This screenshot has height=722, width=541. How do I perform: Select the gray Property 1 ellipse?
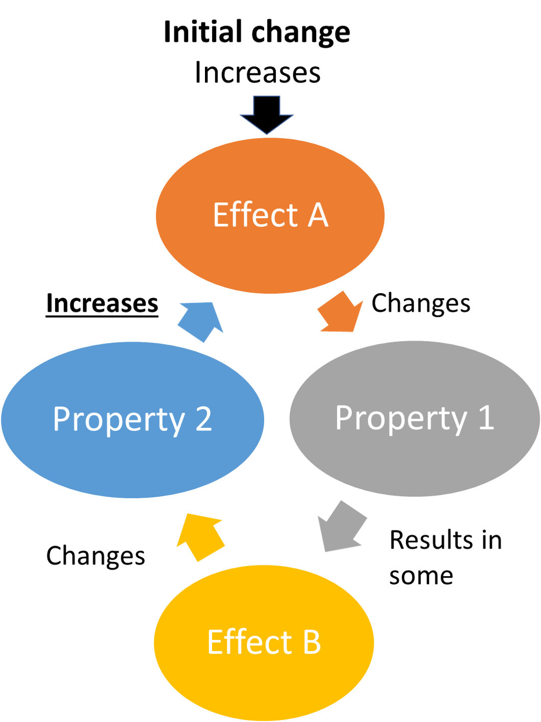click(x=414, y=459)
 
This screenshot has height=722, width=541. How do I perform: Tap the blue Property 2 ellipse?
click(x=133, y=459)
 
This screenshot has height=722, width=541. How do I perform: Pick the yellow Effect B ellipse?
click(x=264, y=683)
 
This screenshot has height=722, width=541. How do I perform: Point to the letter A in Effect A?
click(x=318, y=215)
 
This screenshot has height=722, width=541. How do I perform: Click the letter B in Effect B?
click(x=312, y=642)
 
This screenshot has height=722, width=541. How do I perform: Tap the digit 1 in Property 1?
click(x=485, y=418)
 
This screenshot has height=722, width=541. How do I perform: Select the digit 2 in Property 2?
click(x=203, y=420)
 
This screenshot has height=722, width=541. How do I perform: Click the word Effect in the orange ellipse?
click(x=255, y=215)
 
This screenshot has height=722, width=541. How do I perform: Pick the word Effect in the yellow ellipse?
click(x=249, y=642)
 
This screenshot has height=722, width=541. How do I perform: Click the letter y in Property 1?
click(x=458, y=421)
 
